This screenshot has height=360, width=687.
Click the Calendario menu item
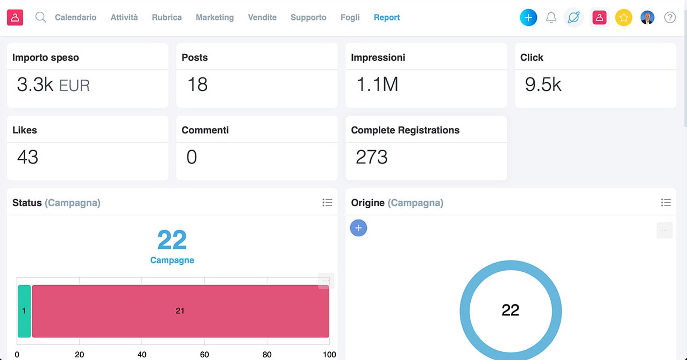click(x=75, y=17)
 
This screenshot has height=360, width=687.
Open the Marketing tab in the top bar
click(x=215, y=17)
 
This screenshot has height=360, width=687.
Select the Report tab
click(x=386, y=17)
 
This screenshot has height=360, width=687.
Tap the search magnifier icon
click(x=40, y=17)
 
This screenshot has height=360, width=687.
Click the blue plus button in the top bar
click(x=528, y=17)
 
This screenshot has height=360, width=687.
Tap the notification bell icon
click(x=551, y=17)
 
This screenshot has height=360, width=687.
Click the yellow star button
click(x=624, y=17)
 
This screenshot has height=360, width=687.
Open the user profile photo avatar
click(x=647, y=17)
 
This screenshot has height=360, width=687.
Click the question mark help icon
click(x=670, y=17)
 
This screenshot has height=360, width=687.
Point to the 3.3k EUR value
click(x=53, y=85)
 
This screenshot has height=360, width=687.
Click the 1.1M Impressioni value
click(x=377, y=85)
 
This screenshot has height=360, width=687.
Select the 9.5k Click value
click(x=543, y=85)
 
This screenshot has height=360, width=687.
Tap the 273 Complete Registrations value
click(x=372, y=157)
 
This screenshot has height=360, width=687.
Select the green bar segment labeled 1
click(x=24, y=310)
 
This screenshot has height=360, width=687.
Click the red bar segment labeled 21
click(x=180, y=310)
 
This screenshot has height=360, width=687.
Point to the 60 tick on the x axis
click(x=204, y=355)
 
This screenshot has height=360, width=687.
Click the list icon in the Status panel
click(x=327, y=202)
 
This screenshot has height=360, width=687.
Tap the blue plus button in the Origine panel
click(x=358, y=228)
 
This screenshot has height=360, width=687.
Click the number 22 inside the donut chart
click(x=510, y=310)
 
